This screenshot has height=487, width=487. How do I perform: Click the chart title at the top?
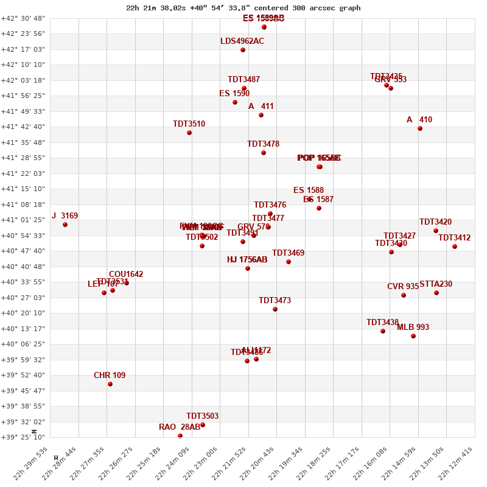click(243, 8)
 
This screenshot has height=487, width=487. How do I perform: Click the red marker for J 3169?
click(65, 225)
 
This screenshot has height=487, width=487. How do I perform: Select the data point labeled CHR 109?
click(110, 384)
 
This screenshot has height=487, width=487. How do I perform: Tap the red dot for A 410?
click(420, 128)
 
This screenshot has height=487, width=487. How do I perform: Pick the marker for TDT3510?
click(189, 133)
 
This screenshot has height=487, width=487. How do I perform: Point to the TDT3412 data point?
click(455, 247)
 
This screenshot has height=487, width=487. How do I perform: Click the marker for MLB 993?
click(413, 336)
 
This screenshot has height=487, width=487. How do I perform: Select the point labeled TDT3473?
click(275, 309)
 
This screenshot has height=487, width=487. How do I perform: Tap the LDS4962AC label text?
click(242, 41)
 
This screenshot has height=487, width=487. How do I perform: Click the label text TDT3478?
click(263, 144)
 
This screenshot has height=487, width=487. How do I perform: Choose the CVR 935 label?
click(403, 287)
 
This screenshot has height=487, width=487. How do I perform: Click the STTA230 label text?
click(436, 284)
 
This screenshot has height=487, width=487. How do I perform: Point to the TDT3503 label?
click(202, 416)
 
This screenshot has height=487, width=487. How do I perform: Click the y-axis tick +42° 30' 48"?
click(23, 18)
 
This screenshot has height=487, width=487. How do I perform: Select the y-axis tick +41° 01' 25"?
click(23, 220)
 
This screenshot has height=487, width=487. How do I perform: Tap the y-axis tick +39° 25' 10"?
click(23, 437)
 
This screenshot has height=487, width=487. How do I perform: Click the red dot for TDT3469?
click(289, 262)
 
